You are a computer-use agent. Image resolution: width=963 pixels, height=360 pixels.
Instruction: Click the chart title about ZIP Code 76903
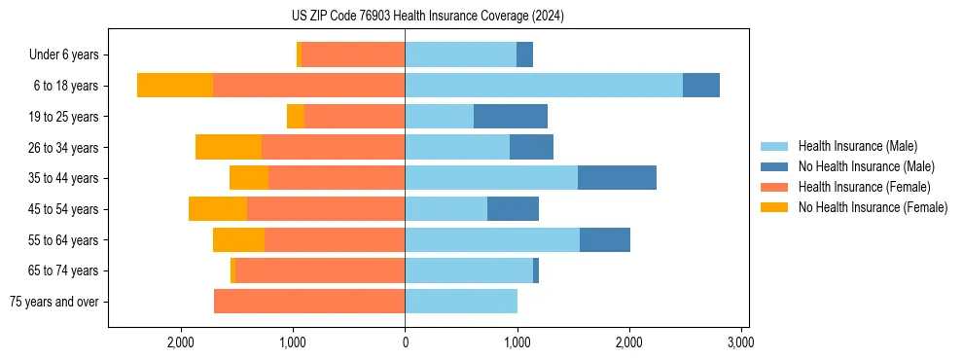[x=428, y=17]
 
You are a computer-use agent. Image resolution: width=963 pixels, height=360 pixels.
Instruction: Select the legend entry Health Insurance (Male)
[x=857, y=146]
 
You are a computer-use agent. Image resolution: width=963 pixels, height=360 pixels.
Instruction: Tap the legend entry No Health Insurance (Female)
[x=873, y=207]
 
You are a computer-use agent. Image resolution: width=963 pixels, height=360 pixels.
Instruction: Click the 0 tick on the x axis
[x=405, y=342]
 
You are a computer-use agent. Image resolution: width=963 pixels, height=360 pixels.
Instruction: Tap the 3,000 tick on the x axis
[x=741, y=342]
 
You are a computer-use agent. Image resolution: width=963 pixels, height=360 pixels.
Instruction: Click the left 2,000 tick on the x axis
[x=181, y=342]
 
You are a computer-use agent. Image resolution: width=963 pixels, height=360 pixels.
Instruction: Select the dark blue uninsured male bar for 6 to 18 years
[x=701, y=86]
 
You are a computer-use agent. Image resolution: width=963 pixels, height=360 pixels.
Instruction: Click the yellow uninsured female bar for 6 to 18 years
[x=175, y=86]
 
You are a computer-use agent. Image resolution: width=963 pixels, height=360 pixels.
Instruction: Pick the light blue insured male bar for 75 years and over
[x=461, y=302]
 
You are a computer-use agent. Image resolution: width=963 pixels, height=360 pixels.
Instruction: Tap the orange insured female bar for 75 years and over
[x=309, y=302]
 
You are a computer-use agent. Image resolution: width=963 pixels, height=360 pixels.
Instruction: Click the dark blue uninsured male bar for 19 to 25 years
[x=511, y=117]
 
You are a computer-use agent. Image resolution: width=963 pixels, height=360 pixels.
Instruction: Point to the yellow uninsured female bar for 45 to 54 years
[x=218, y=209]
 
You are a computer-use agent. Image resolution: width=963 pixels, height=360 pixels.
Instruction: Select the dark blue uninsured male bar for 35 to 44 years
[x=617, y=178]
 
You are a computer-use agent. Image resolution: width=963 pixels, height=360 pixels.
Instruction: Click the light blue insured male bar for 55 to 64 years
[x=492, y=240]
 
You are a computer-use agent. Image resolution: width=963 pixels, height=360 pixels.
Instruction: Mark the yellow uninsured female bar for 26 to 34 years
[x=229, y=147]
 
